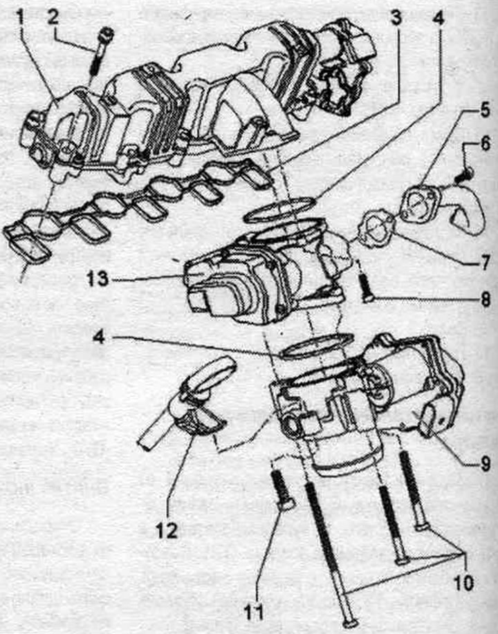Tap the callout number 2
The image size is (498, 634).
point(55,18)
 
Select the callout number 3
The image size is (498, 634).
point(396,18)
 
